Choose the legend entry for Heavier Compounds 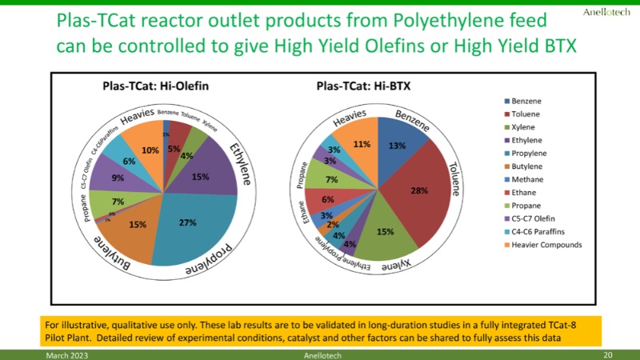547,245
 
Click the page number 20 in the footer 607,354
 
